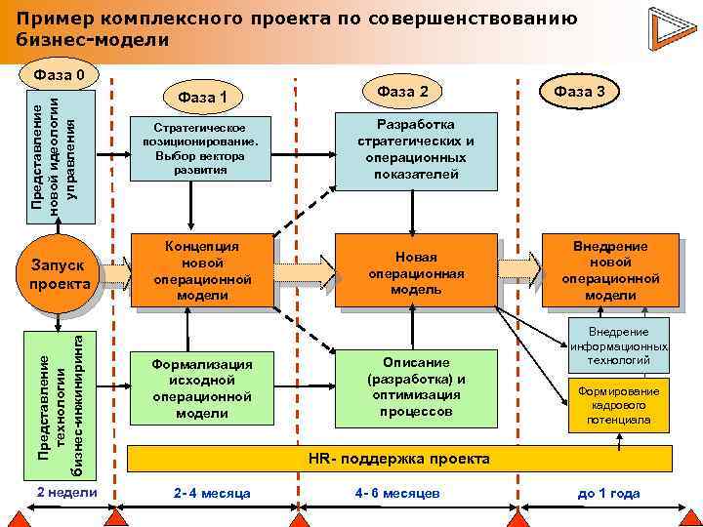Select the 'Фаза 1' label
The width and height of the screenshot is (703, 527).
tap(202, 97)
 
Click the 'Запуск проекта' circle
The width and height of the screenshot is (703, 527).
tap(60, 274)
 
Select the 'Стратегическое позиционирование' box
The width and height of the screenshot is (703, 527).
tap(202, 149)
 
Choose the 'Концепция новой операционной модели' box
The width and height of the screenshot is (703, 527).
tap(202, 269)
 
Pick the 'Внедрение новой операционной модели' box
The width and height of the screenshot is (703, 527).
tap(610, 271)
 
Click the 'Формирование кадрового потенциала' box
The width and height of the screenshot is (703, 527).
tap(618, 406)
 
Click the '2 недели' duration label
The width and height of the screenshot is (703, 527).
tap(65, 493)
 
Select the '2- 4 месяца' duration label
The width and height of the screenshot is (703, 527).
tap(212, 494)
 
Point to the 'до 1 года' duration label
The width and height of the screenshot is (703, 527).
tap(608, 494)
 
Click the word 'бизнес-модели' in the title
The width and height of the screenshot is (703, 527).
tap(93, 40)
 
